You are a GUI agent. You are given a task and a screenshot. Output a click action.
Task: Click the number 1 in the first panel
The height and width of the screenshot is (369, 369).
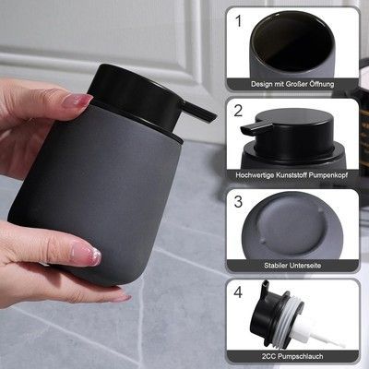[x=238, y=21]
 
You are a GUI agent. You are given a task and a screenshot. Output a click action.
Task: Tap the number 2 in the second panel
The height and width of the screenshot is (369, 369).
[x=238, y=111]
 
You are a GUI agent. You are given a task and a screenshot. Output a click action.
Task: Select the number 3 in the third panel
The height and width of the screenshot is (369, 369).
[x=238, y=201]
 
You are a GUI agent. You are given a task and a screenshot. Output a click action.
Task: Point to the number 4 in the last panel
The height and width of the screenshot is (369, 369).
[x=238, y=292]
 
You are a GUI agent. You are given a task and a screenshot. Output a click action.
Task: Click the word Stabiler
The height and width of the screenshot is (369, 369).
[x=275, y=266]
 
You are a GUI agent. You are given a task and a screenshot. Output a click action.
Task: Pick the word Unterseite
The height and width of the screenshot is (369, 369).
[x=304, y=266]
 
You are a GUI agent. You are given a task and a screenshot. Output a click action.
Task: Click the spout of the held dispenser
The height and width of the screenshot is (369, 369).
[x=200, y=111]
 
